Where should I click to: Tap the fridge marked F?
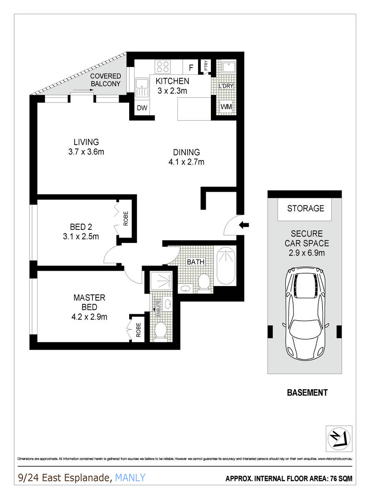191,67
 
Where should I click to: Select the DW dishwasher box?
142,108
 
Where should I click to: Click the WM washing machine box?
226,107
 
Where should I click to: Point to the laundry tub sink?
227,68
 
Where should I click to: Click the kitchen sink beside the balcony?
142,87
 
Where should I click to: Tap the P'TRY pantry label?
205,66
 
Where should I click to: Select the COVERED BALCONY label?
105,80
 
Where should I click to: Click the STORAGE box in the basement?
305,208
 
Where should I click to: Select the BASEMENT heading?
307,393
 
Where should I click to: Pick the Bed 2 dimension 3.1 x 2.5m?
81,237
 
